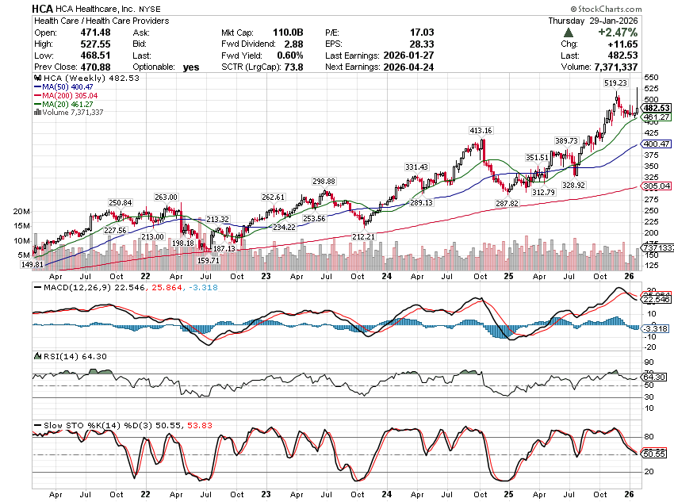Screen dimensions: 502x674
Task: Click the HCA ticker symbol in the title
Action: point(44,8)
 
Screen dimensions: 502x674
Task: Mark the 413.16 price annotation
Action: point(481,130)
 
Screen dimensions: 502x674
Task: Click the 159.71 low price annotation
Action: point(208,260)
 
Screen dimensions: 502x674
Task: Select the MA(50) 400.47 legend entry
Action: point(69,88)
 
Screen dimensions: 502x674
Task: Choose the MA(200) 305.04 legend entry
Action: point(71,96)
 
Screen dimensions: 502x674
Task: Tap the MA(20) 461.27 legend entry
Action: point(69,104)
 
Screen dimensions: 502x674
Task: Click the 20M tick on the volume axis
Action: point(21,212)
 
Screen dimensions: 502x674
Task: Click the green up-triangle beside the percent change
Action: point(568,33)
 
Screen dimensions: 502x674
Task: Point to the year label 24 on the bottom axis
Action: point(386,276)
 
